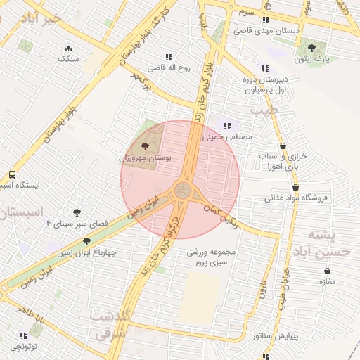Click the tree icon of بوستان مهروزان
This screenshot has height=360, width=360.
145,146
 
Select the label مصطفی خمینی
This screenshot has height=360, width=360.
227,138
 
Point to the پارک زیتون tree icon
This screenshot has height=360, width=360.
311,48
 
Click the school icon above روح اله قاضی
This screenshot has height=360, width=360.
168,57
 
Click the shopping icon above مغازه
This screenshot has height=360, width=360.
327,271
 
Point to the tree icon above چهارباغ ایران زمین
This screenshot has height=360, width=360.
87,241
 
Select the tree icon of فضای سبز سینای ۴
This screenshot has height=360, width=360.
77,212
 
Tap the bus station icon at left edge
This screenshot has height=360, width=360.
12,174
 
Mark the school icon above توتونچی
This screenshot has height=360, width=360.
22,335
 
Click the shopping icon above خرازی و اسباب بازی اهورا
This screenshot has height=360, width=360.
282,146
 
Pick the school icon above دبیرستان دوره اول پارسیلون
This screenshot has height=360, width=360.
264,68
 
